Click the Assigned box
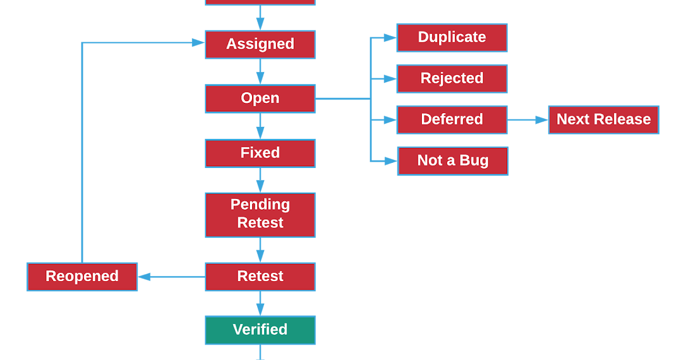tap(260, 45)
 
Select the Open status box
tap(260, 98)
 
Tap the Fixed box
tap(260, 153)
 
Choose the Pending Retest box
tap(260, 215)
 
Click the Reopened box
tap(82, 277)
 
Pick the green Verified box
tap(260, 330)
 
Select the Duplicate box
tap(452, 38)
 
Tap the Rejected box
tap(452, 79)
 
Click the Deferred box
tap(452, 119)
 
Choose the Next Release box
tap(604, 119)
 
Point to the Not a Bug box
tap(453, 161)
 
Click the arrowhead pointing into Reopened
tap(144, 277)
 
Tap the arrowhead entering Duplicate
tap(390, 38)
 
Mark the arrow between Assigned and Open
tap(260, 71)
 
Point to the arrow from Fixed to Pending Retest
tap(260, 181)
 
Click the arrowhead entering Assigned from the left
tap(198, 42)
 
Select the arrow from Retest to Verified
tap(260, 303)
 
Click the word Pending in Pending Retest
tap(260, 205)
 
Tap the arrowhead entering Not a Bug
tap(391, 161)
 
